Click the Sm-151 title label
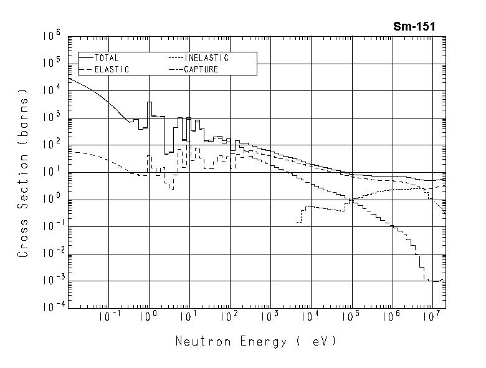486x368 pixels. pos(414,26)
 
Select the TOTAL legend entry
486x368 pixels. pos(107,58)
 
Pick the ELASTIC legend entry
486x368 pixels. pos(112,69)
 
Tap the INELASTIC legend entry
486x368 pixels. pos(206,58)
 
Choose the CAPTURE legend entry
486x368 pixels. pos(201,69)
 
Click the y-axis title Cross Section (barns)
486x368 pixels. pos(24,174)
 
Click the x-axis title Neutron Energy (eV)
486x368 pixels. pos(255,341)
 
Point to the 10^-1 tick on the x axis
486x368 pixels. pos(107,317)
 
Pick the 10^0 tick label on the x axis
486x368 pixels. pos(148,317)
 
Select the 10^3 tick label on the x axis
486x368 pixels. pos(269,317)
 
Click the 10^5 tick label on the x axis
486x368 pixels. pos(350,317)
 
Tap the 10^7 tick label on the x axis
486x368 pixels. pos(431,317)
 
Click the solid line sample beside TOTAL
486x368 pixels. pos(86,58)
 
